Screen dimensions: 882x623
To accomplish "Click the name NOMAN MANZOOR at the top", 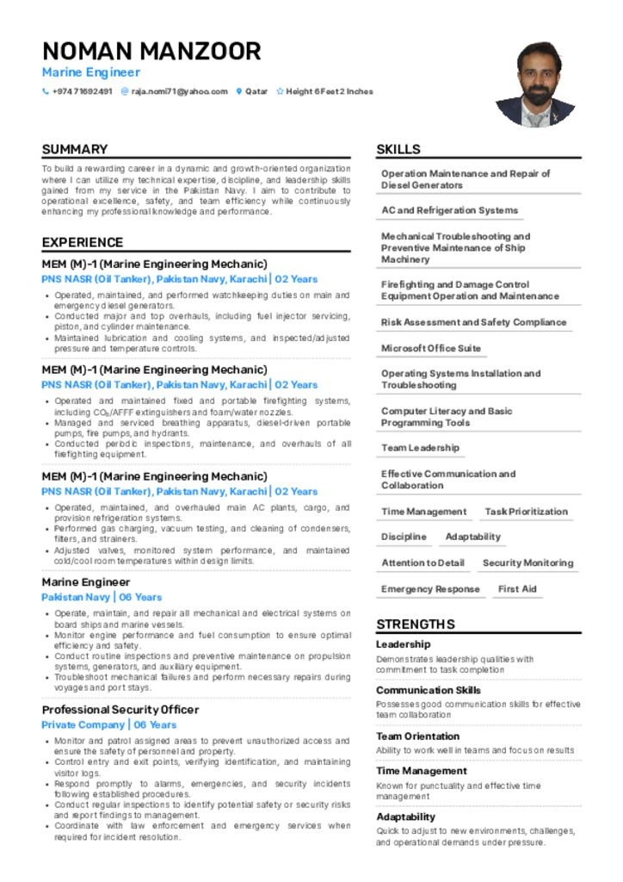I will click(151, 51).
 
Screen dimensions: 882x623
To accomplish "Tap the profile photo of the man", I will click(534, 84).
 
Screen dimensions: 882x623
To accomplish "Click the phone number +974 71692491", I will click(81, 91).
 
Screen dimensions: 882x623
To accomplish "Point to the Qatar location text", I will click(256, 91).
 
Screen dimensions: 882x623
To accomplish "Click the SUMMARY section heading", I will click(75, 149).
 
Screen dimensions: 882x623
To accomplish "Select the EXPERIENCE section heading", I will click(83, 242).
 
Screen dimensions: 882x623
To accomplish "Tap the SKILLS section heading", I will click(398, 149).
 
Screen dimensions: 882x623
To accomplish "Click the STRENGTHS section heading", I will click(416, 624).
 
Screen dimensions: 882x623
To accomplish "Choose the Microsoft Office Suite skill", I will click(431, 348).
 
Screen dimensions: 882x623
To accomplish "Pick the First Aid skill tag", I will click(517, 589).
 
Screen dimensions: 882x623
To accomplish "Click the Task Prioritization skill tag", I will click(526, 512).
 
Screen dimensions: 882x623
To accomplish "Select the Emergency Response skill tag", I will click(430, 589).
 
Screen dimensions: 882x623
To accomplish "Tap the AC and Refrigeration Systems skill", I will click(449, 210).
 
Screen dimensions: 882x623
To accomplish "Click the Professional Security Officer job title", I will click(120, 710).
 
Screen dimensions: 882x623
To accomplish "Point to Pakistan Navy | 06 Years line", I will click(102, 597).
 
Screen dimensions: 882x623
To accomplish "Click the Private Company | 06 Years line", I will click(109, 725).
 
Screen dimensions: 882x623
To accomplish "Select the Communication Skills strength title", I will click(429, 690).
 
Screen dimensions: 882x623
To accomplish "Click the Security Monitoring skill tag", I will click(527, 563).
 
